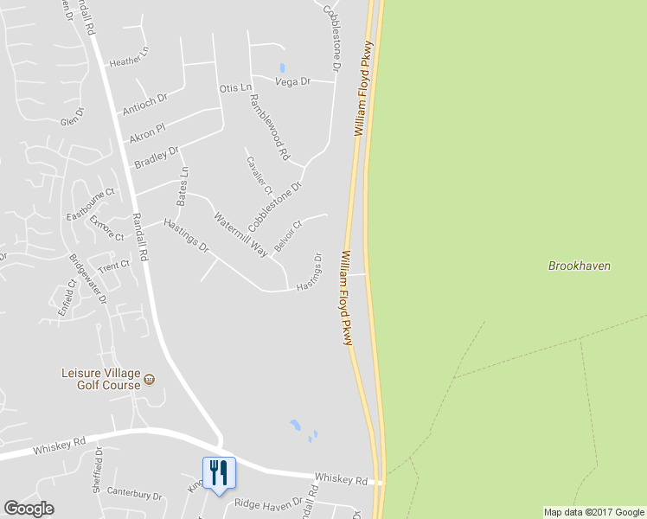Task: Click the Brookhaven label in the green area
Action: pyautogui.click(x=579, y=266)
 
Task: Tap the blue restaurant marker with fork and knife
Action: pyautogui.click(x=219, y=473)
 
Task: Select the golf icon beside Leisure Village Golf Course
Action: pyautogui.click(x=150, y=379)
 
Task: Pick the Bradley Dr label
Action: pyautogui.click(x=156, y=157)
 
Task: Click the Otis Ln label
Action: pyautogui.click(x=234, y=88)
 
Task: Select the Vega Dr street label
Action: pyautogui.click(x=291, y=82)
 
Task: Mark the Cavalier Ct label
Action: pyautogui.click(x=259, y=175)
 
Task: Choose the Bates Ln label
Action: pyautogui.click(x=182, y=187)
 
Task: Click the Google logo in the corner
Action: pyautogui.click(x=29, y=509)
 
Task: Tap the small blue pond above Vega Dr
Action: pyautogui.click(x=282, y=67)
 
